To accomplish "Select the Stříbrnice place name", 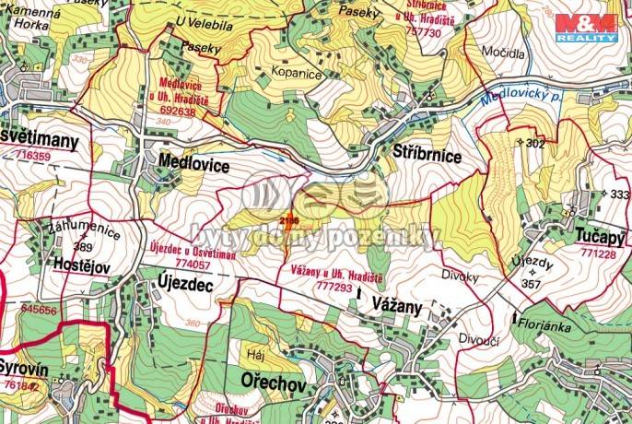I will [x=427, y=156].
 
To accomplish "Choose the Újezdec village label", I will [x=185, y=287].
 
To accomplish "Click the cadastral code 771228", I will [x=597, y=253].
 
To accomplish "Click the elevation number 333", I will [x=619, y=194].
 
